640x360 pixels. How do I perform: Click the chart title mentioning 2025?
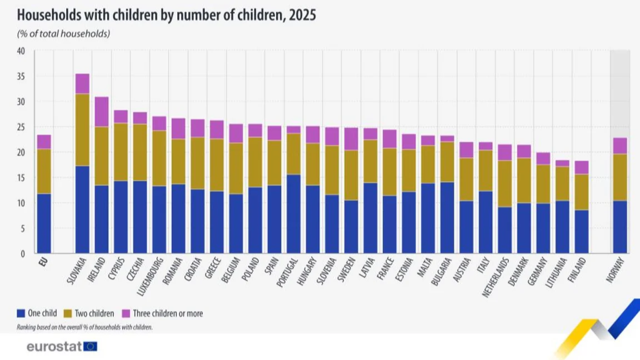coord(166,15)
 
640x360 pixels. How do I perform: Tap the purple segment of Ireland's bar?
coord(102,112)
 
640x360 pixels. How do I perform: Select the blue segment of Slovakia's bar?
coord(82,209)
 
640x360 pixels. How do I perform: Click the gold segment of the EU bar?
coord(44,172)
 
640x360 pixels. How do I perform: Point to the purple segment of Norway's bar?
coord(620,146)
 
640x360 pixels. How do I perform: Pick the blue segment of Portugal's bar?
coord(293,214)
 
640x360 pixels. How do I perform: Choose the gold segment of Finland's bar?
coord(582,192)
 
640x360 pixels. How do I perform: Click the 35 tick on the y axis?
coord(21,76)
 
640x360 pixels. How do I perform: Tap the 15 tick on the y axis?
coord(21,178)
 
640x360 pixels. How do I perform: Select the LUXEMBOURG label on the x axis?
coord(150,276)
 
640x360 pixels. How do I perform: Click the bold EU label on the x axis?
coord(43,262)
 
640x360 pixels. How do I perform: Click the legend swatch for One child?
coord(21,313)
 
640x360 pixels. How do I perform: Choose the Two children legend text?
coord(94,313)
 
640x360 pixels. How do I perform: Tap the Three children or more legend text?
coord(168,313)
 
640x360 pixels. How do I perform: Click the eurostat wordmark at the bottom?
coord(54,347)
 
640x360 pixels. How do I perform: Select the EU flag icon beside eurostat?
coord(90,347)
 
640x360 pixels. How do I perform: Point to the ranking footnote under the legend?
coord(84,327)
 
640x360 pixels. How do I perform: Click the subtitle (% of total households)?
coord(63,33)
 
